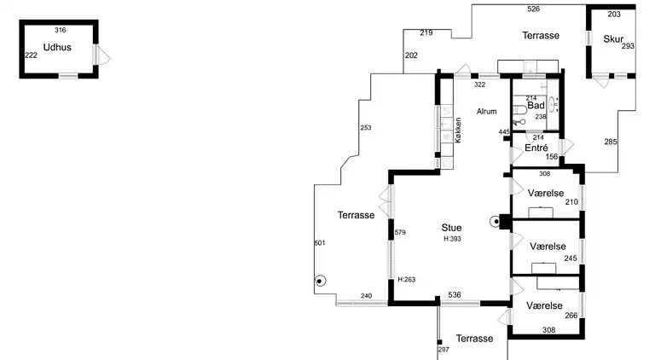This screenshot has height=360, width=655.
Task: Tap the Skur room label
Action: click(x=613, y=39)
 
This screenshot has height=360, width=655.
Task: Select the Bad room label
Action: click(x=536, y=106)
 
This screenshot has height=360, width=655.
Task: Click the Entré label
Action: click(x=536, y=148)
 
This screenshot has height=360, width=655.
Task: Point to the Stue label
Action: click(x=451, y=228)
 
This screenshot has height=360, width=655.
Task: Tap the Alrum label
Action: click(x=486, y=112)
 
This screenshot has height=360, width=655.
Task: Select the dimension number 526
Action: click(x=534, y=9)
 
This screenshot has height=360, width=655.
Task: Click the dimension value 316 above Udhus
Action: click(x=61, y=31)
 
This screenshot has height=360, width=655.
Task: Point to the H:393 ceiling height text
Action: click(x=452, y=240)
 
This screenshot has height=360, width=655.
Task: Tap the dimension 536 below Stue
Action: click(x=455, y=296)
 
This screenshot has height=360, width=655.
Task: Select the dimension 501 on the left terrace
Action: click(x=320, y=243)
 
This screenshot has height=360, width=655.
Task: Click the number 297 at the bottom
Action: click(x=443, y=351)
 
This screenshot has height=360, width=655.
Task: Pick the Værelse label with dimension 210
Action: click(x=545, y=193)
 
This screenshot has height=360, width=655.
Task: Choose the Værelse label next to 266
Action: click(x=544, y=305)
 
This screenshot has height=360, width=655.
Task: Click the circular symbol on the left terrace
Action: click(x=321, y=281)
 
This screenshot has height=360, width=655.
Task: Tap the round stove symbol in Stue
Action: click(x=495, y=222)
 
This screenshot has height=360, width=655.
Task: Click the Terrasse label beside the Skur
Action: click(x=541, y=36)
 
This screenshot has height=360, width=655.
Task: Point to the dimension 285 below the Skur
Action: click(x=611, y=142)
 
